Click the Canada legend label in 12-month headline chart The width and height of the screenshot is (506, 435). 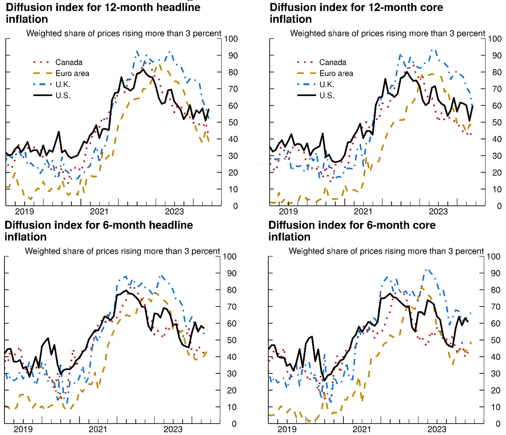point(69,62)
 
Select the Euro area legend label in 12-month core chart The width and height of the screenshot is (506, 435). point(336,73)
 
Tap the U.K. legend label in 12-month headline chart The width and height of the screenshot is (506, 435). point(63,85)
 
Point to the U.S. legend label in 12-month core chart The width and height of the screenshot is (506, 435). point(327,96)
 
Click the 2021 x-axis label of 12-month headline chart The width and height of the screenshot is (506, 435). point(99,212)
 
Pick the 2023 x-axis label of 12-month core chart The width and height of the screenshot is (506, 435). point(438,212)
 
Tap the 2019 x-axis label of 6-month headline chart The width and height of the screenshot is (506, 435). point(23,429)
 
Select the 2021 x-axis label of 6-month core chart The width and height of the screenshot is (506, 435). point(362,429)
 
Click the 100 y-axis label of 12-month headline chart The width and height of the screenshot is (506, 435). point(231,39)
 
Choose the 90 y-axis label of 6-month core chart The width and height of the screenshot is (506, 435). point(496,273)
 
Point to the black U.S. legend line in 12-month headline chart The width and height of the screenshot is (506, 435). point(42,95)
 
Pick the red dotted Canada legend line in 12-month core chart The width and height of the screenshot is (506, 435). point(306,62)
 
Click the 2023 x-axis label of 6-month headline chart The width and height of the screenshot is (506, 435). point(173,429)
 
